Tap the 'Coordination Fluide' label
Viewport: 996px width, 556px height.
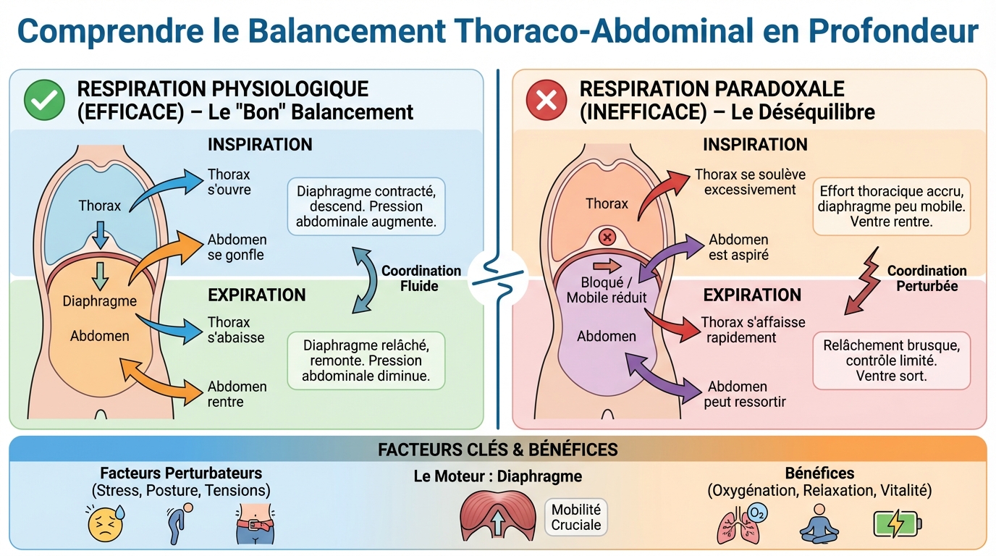pyautogui.click(x=421, y=278)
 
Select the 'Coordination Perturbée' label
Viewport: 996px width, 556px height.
pyautogui.click(x=927, y=278)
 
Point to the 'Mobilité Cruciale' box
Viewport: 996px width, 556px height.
pyautogui.click(x=576, y=517)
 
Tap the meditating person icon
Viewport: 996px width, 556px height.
pyautogui.click(x=819, y=523)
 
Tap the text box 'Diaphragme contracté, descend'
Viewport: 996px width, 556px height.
pyautogui.click(x=366, y=206)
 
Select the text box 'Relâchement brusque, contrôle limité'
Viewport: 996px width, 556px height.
pyautogui.click(x=891, y=361)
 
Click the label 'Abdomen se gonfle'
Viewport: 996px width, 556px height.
pyautogui.click(x=237, y=247)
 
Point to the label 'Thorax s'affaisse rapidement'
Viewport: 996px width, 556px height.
pyautogui.click(x=752, y=329)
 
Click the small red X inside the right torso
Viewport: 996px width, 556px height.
pyautogui.click(x=607, y=237)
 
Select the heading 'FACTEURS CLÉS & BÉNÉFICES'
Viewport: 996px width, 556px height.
pyautogui.click(x=497, y=450)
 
